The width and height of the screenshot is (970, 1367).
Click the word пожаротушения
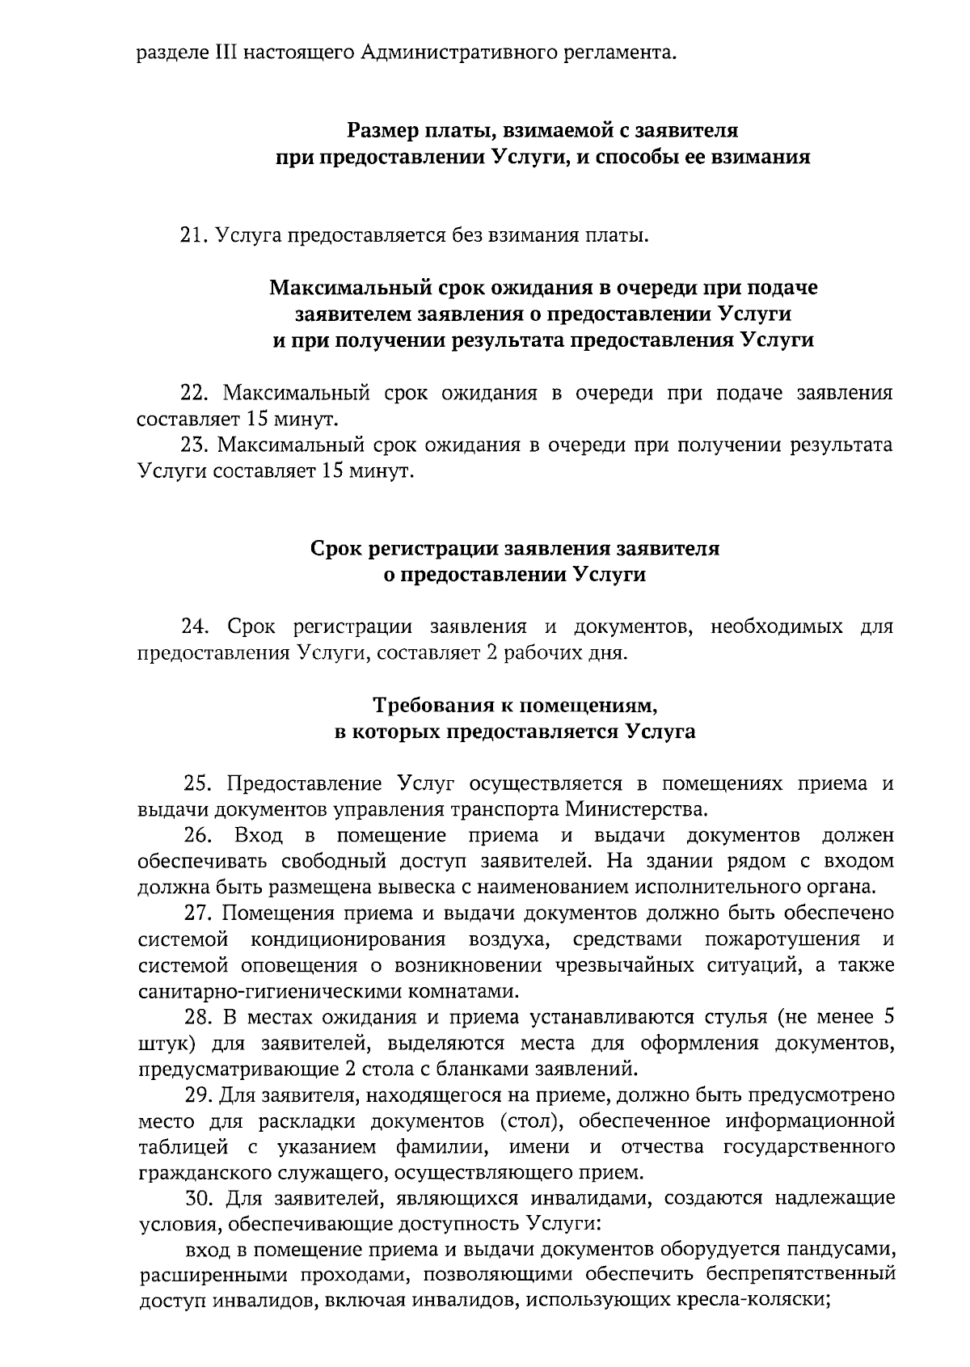tap(781, 939)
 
